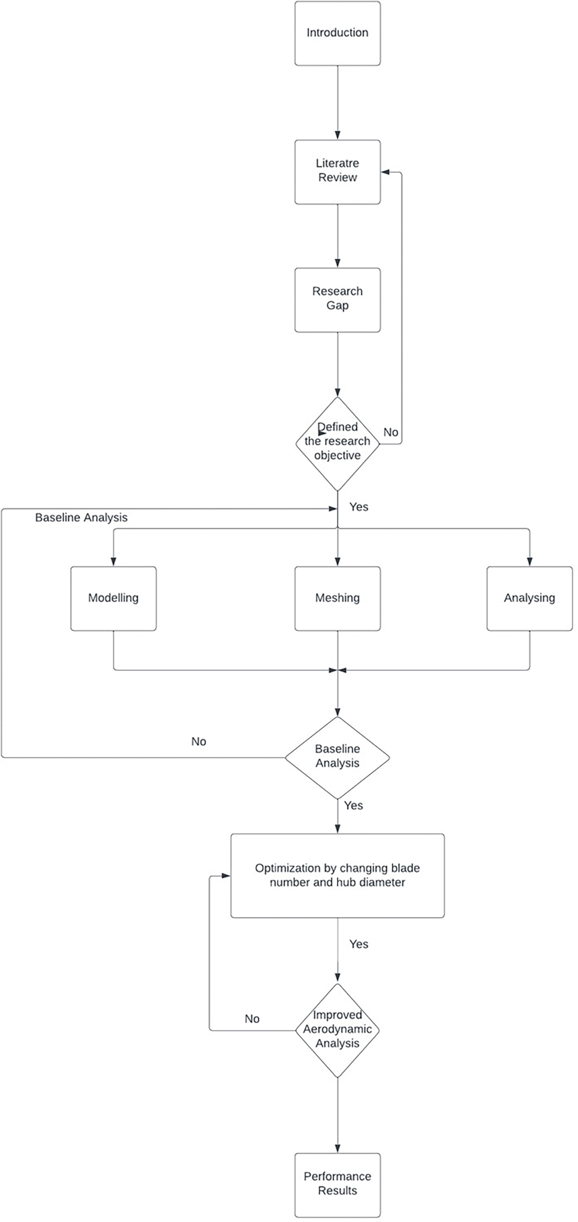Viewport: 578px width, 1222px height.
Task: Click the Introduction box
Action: coord(337,33)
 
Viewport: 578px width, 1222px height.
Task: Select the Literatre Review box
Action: coord(337,172)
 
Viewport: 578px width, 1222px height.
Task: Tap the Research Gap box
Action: coord(337,300)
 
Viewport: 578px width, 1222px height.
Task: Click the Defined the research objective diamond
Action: coord(337,444)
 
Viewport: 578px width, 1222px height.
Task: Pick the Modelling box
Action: coord(113,598)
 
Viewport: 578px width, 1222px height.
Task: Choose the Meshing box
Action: coord(337,598)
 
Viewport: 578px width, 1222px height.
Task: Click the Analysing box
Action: coord(530,598)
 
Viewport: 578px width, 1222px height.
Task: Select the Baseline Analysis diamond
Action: coord(337,758)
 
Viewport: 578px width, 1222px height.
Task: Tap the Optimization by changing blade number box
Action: coord(337,876)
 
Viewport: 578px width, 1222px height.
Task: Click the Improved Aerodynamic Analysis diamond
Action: coord(337,1030)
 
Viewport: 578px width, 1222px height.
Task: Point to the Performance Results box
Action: coord(337,1185)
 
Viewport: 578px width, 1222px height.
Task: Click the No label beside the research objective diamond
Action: coord(391,432)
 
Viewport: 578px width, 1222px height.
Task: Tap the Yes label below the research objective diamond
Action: coord(359,507)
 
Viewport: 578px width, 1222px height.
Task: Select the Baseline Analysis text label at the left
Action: coord(81,518)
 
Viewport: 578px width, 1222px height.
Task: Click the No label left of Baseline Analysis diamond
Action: coord(198,742)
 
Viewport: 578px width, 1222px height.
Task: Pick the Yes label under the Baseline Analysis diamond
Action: coord(353,805)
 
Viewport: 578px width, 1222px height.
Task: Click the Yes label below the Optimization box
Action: coord(359,944)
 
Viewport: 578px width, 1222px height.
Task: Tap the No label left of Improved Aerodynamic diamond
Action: coord(252,1018)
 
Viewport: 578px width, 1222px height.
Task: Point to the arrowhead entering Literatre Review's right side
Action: coord(385,172)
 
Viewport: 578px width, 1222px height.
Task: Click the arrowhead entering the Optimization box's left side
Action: coord(226,876)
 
